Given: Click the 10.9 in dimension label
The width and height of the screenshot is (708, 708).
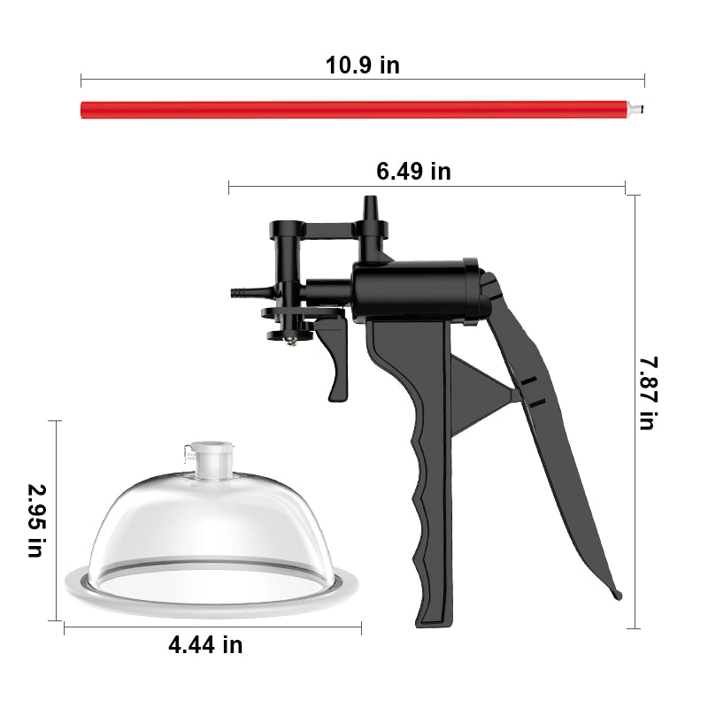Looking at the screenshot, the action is click(x=363, y=65).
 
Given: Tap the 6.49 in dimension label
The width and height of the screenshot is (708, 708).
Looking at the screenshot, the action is click(x=413, y=171).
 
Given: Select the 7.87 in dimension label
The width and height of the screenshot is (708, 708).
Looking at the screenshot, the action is click(x=649, y=393).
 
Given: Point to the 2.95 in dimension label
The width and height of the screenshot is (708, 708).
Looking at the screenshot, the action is click(x=37, y=520).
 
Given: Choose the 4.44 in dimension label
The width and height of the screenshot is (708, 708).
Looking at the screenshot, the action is click(x=205, y=645).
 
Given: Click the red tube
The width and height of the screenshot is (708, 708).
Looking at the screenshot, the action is click(x=354, y=110).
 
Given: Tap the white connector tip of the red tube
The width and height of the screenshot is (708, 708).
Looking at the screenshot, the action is click(x=635, y=109).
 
